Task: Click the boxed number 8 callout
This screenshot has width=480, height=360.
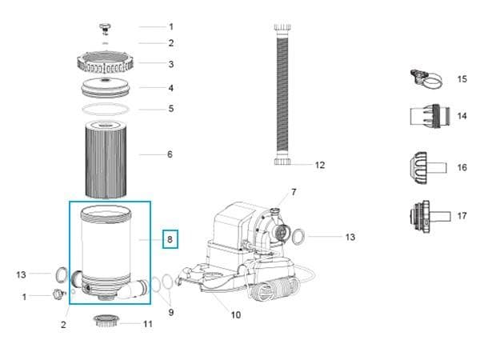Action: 170,239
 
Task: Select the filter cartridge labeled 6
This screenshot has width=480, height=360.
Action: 106,159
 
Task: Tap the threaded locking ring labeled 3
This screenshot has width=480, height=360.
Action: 105,62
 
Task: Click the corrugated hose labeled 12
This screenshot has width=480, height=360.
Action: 282,95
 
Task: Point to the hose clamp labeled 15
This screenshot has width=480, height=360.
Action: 426,78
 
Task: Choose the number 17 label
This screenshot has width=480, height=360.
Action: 462,216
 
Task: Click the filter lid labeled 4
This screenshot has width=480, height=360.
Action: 106,88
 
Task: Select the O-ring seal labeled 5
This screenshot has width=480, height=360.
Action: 106,109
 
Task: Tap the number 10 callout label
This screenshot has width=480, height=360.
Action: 236,315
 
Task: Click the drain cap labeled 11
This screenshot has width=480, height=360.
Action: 106,321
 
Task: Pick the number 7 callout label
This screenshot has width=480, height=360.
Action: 294,192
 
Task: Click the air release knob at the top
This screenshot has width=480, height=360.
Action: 105,28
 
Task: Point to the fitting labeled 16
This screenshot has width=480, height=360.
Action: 428,168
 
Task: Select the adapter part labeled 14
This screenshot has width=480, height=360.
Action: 430,116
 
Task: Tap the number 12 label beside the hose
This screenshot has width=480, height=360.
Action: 320,166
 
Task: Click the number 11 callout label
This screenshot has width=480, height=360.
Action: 148,324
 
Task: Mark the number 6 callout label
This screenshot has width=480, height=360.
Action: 170,154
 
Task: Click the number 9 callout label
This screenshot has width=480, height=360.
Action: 171,312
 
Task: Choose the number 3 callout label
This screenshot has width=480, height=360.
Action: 171,64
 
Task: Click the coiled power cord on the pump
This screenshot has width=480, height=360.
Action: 274,289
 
